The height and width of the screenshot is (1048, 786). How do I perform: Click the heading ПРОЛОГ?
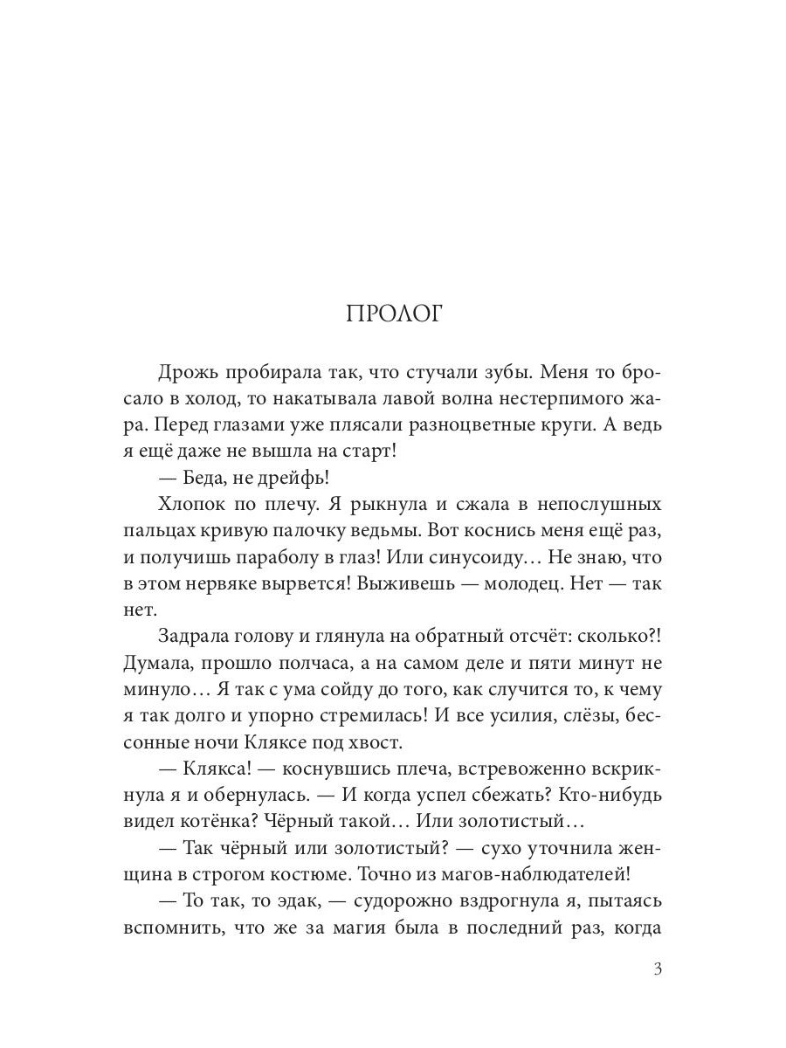pyautogui.click(x=394, y=314)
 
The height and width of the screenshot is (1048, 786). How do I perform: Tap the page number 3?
pyautogui.click(x=658, y=969)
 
